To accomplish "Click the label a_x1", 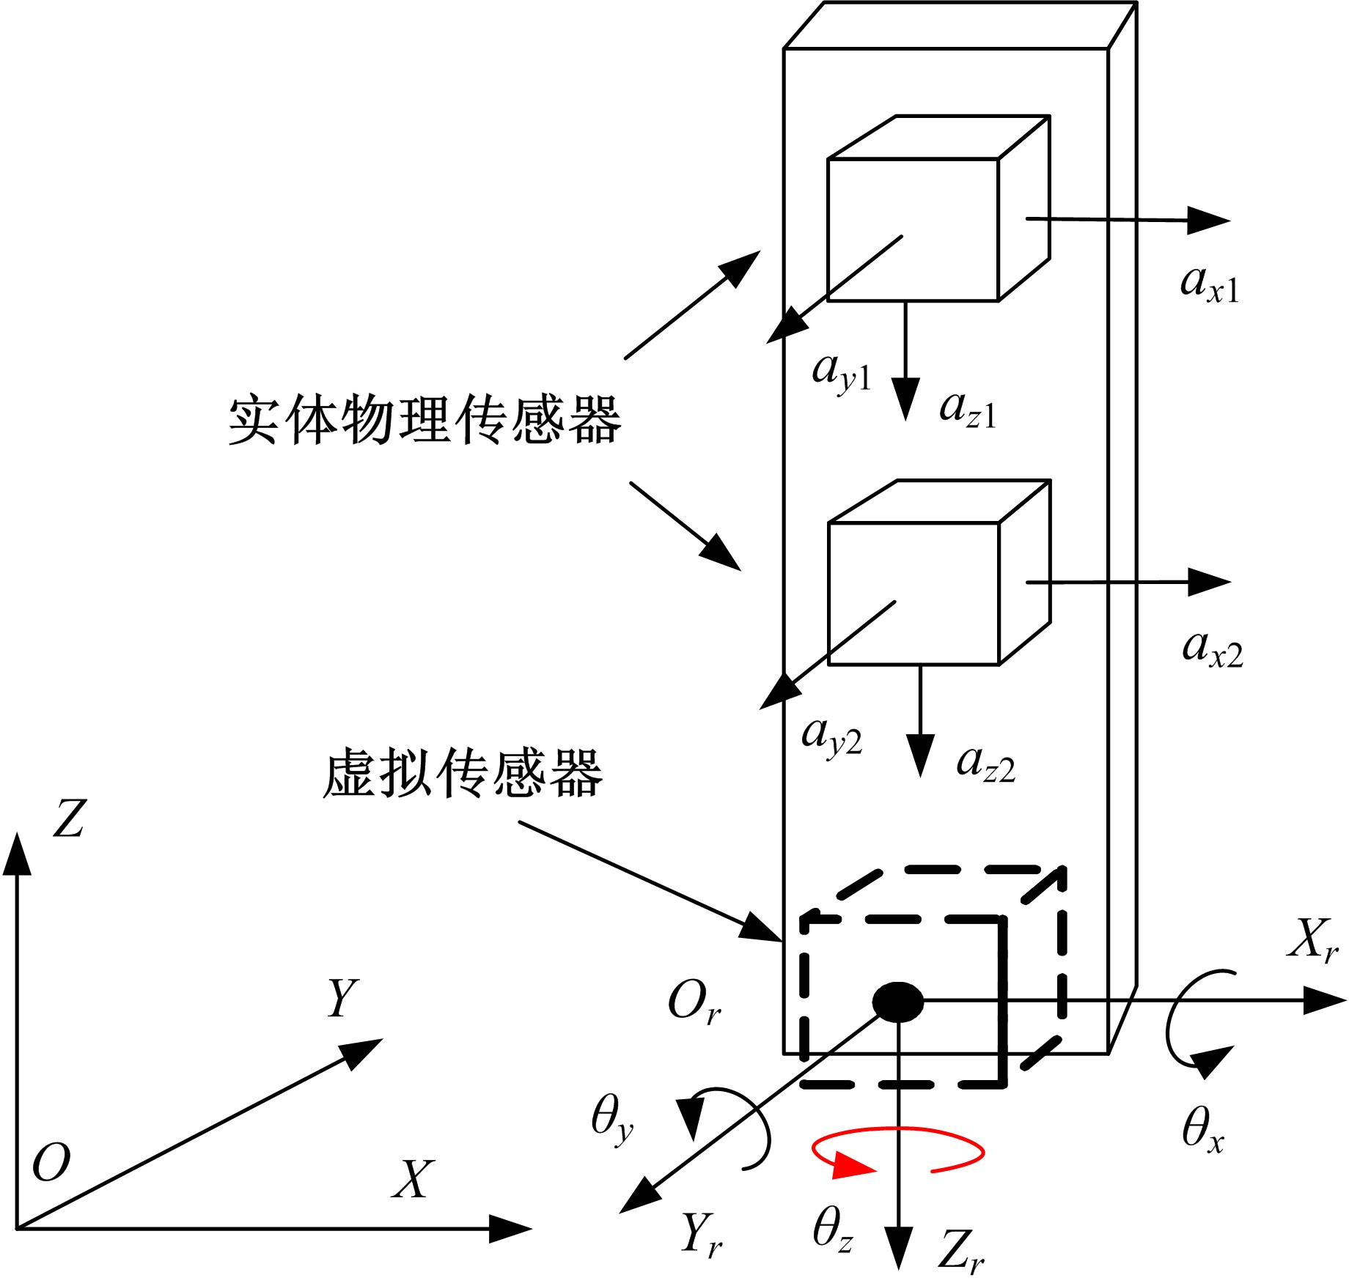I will coord(1209,284).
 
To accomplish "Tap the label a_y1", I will coord(841,373).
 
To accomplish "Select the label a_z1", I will coord(968,410).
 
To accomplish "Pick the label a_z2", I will coord(985,765).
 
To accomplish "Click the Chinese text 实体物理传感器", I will coord(425,420).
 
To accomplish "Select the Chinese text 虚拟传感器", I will coord(463,773).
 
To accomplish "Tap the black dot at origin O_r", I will coord(897,1002).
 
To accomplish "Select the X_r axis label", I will coord(1313,940).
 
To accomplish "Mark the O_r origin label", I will coord(694,1002).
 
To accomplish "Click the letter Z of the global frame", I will coord(70,818).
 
